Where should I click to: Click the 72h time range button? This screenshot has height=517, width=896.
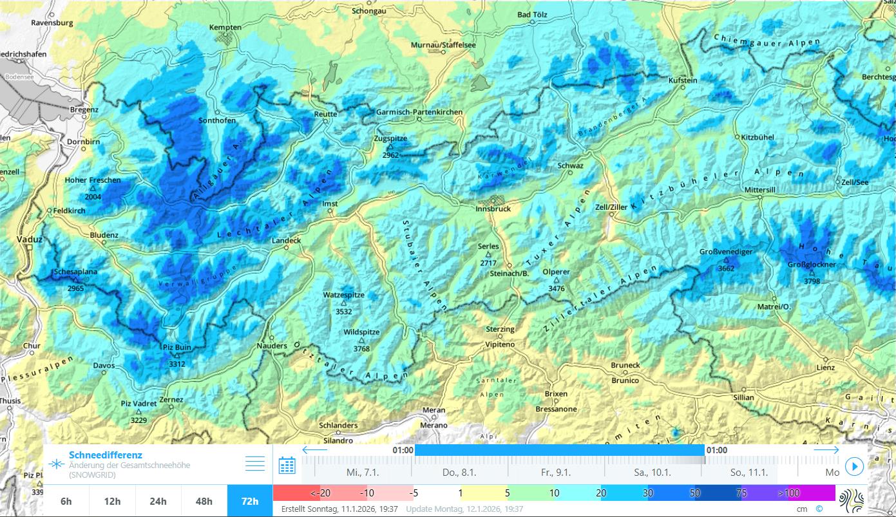(250, 501)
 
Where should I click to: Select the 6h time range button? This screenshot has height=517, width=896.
(66, 501)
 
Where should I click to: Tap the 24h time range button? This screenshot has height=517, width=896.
(158, 501)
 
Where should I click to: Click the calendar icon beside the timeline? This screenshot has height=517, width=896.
(287, 465)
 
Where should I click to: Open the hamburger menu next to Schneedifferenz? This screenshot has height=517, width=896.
(255, 464)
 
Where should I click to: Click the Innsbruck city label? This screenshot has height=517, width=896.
(493, 209)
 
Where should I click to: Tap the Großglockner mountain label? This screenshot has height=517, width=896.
(812, 265)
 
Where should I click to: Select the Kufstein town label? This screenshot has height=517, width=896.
(683, 80)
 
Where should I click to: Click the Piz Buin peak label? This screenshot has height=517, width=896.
(176, 348)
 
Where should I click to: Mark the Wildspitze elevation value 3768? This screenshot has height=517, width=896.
(361, 348)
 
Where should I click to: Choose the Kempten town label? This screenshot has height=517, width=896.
(225, 28)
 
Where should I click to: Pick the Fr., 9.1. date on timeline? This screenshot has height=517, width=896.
(555, 472)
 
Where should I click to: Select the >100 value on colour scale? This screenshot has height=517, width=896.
(788, 493)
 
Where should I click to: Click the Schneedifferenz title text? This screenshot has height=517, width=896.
(105, 455)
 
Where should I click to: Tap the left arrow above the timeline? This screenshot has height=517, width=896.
(315, 450)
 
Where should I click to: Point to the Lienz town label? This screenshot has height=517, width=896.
(825, 368)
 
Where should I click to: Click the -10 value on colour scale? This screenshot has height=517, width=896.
(367, 493)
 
